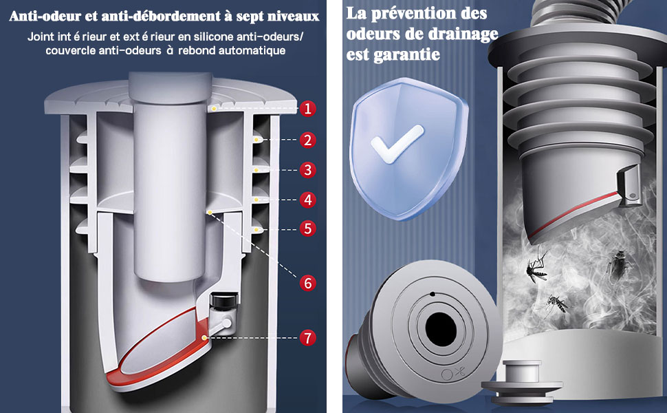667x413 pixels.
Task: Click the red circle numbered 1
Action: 308,109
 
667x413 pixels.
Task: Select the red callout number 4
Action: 308,200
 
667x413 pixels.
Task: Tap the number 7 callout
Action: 308,338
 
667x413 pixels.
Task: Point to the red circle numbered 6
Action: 308,283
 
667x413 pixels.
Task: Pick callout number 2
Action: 308,140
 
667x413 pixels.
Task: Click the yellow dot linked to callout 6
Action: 209,211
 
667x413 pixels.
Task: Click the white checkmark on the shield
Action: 397,144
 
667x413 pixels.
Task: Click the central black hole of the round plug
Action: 441,330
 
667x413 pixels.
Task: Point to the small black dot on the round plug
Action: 433,294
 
